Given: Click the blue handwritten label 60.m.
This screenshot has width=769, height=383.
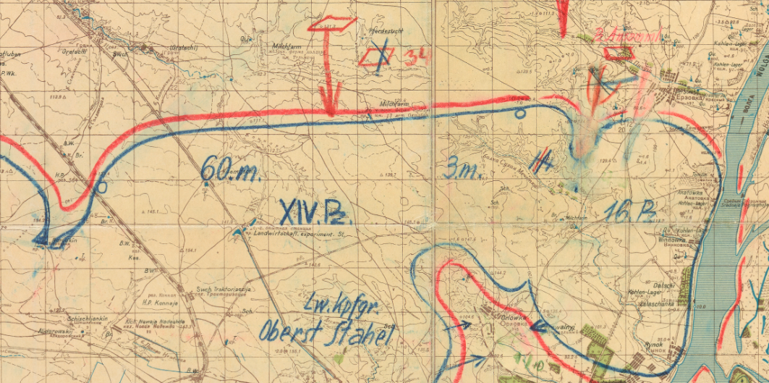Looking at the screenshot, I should pyautogui.click(x=224, y=171).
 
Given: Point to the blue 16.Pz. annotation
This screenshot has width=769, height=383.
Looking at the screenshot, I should pyautogui.click(x=630, y=211).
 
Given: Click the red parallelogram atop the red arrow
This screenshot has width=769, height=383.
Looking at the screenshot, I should pyautogui.click(x=333, y=24).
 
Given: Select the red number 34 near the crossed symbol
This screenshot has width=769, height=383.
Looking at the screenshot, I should pyautogui.click(x=415, y=56).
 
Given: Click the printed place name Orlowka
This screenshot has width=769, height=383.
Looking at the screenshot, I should pyautogui.click(x=515, y=317).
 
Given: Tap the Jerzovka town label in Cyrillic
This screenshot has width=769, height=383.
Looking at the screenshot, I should pyautogui.click(x=676, y=96).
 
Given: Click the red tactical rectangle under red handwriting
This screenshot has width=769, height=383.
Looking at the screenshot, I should pyautogui.click(x=619, y=52).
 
